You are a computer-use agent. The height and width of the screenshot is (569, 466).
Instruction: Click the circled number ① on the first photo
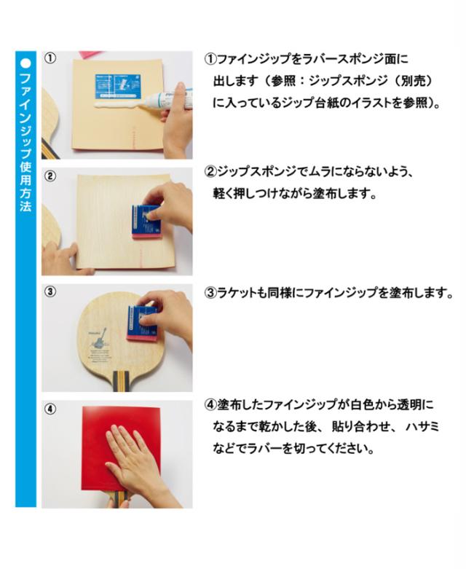pos(50,58)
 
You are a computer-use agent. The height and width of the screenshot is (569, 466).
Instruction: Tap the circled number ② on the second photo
pos(50,176)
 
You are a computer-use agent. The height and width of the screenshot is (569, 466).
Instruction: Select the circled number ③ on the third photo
pos(50,291)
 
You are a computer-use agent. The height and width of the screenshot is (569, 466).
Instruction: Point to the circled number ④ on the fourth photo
pos(50,409)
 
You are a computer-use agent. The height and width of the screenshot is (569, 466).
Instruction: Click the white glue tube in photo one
pos(170,98)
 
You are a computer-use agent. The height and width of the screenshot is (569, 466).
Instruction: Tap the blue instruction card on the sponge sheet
pos(118,87)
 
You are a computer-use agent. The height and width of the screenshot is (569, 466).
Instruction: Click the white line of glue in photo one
pos(118,104)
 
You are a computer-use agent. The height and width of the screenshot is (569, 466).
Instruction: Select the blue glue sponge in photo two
pos(146,221)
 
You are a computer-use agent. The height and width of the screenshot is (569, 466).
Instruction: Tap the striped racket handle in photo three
pos(121,381)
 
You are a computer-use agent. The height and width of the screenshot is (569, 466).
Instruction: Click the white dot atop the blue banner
pos(25,63)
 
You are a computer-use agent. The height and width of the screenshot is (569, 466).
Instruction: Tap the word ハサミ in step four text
pos(422,426)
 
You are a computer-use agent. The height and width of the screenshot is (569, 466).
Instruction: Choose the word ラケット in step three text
pos(237,292)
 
